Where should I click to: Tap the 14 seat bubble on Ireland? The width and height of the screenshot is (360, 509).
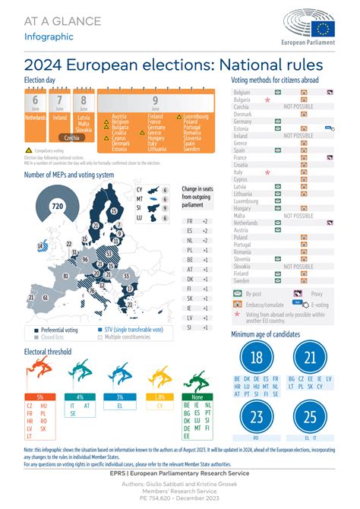pos(40,246)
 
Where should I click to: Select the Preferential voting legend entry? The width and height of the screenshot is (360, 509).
pos(61,330)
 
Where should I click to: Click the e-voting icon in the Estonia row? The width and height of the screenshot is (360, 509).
pos(329,129)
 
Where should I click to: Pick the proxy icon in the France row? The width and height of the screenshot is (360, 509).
pos(330,157)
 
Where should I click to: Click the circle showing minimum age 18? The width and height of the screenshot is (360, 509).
pos(256,358)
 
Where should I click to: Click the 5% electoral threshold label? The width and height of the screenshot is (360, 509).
pos(39,397)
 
